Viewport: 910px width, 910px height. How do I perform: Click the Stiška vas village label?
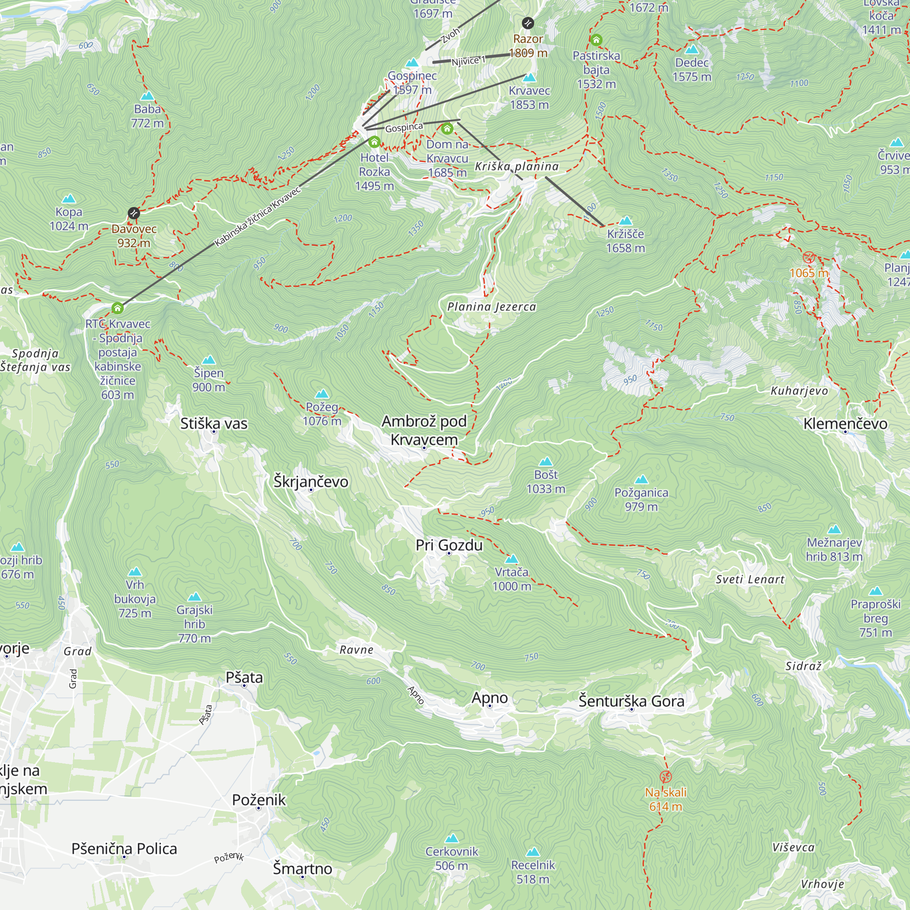213,424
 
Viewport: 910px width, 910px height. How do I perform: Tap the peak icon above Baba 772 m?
147,96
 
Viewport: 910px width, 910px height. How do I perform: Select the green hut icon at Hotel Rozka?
374,142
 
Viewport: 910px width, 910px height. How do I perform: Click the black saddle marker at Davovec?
134,213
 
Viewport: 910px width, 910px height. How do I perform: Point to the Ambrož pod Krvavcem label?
424,430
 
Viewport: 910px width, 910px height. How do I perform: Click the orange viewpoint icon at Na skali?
665,777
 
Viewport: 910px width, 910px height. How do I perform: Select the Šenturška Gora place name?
631,701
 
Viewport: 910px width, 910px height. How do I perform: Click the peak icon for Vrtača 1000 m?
511,559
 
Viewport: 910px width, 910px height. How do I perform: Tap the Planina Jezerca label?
491,307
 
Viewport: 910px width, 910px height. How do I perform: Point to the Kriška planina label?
516,166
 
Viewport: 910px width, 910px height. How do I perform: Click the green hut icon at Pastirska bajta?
596,40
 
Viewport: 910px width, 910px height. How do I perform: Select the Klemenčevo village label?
845,424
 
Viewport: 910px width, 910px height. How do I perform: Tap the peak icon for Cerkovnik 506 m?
452,839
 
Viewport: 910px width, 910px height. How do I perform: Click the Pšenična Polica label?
124,848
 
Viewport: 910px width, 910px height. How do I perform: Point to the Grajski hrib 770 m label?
195,624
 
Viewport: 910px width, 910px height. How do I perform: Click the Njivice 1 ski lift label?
468,61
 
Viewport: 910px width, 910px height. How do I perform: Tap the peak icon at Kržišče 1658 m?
626,220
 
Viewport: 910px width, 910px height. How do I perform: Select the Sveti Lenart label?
750,579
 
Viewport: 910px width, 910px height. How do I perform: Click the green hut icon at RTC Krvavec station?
117,308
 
